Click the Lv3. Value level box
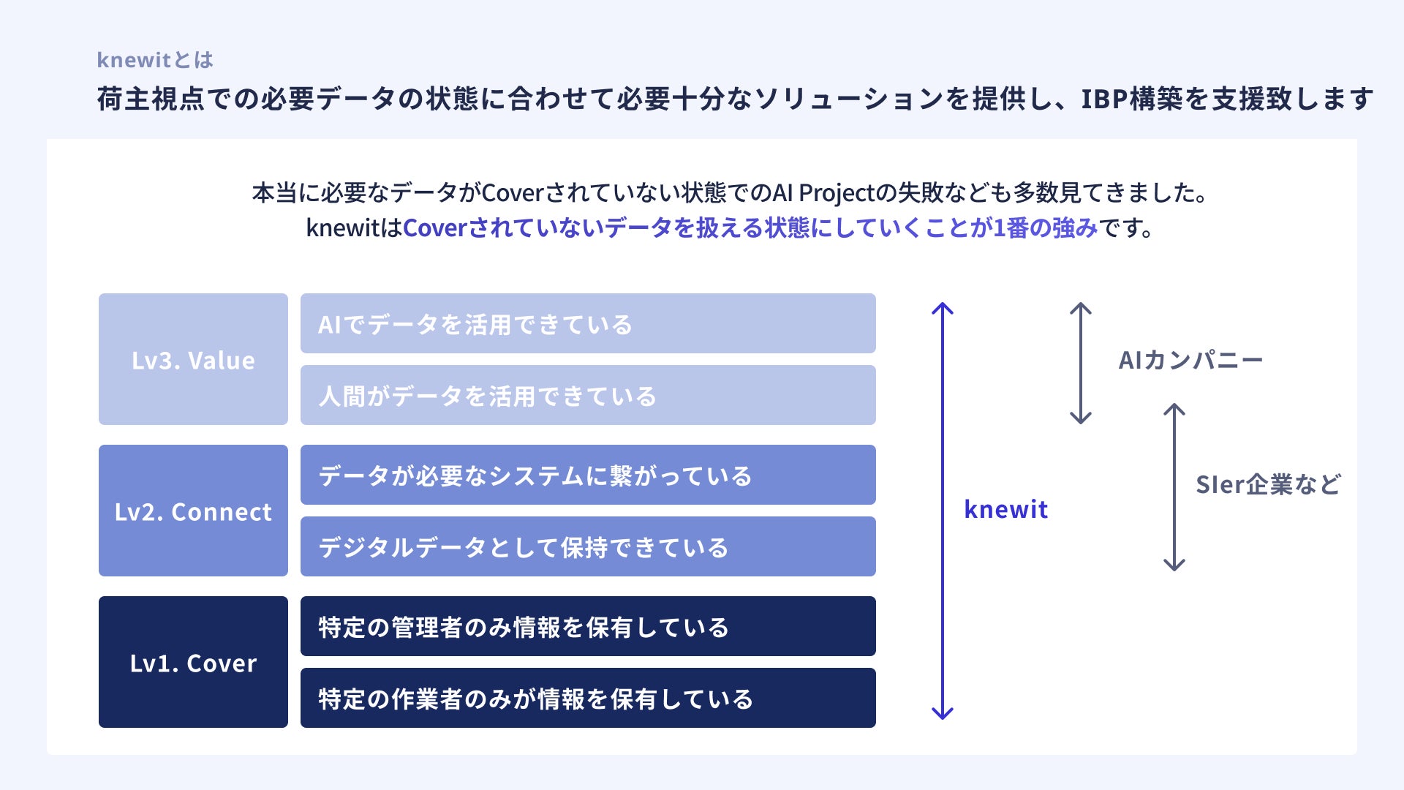[193, 359]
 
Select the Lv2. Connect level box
[193, 511]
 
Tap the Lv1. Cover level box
[193, 662]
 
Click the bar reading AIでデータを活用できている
[588, 323]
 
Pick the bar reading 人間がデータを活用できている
[588, 395]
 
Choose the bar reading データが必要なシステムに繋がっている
[588, 475]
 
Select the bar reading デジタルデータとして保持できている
[588, 546]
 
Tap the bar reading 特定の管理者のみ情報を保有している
[588, 626]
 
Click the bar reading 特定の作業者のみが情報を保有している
[588, 698]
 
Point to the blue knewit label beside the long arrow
[1005, 509]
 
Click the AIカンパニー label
[1190, 360]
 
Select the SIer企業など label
[1268, 484]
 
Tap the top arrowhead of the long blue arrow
[943, 307]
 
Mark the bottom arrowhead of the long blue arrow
[943, 714]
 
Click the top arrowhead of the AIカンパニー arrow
[1081, 307]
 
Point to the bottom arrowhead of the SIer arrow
[1174, 565]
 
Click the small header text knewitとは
[155, 60]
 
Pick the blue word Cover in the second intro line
[434, 228]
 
